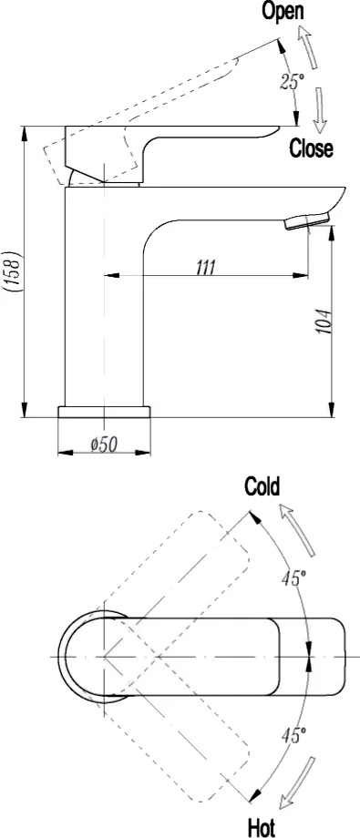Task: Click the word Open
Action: (x=283, y=11)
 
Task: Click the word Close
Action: (x=312, y=148)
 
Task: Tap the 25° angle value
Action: (x=292, y=81)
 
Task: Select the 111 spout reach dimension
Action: (x=205, y=266)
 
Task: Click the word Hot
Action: (x=262, y=828)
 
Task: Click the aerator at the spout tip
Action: (x=307, y=220)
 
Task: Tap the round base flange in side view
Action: (x=104, y=412)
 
